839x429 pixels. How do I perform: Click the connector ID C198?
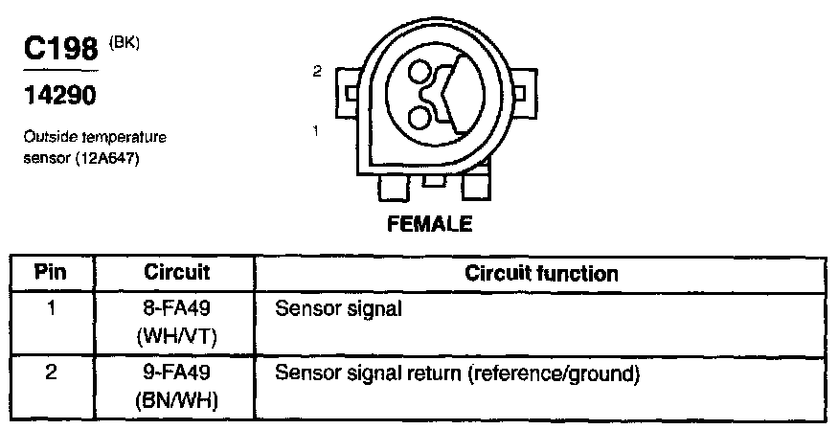tap(61, 51)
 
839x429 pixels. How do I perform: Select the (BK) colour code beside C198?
tap(125, 43)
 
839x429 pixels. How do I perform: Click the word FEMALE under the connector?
tap(430, 226)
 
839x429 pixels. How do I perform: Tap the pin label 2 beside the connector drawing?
tap(315, 71)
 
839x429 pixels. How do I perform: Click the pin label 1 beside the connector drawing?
tap(315, 128)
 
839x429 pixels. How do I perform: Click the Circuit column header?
tap(176, 272)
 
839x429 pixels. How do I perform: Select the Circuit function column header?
tap(541, 273)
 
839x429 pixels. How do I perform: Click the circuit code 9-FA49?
tap(176, 372)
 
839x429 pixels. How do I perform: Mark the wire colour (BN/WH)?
tap(176, 397)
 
